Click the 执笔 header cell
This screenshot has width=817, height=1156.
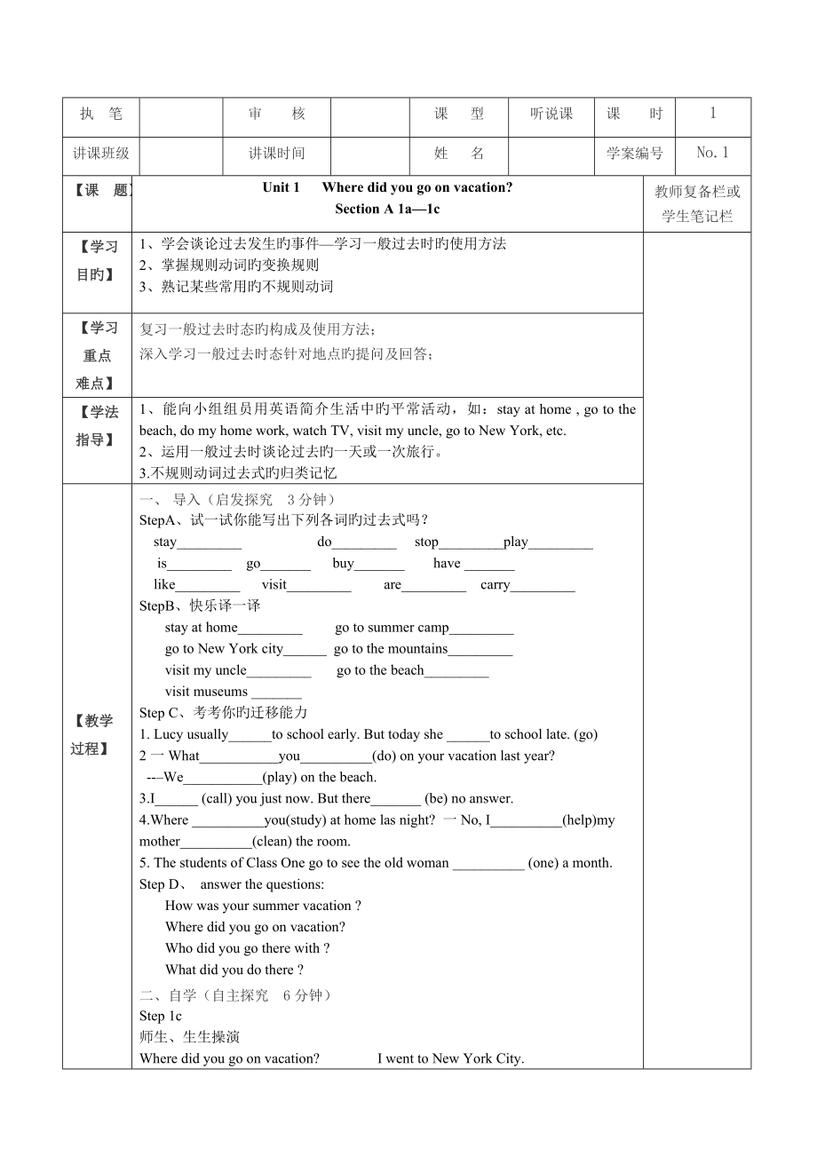[x=100, y=114]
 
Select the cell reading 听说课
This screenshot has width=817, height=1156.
[x=551, y=114]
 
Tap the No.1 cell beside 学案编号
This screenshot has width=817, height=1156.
[x=712, y=153]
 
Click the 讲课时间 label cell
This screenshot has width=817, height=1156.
[x=276, y=153]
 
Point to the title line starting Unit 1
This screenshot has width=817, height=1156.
[x=387, y=187]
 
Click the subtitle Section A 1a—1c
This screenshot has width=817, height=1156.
[x=387, y=210]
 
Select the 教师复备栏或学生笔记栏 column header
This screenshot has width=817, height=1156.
[x=697, y=203]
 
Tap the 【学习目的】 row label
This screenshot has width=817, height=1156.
[x=97, y=261]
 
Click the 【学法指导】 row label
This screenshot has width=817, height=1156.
[x=97, y=425]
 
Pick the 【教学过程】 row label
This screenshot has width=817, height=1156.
[x=97, y=734]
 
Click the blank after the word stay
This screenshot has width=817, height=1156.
[x=209, y=543]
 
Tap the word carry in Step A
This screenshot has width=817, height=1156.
[x=495, y=585]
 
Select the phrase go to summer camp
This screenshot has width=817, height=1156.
[x=392, y=628]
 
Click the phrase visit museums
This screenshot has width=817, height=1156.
[x=206, y=692]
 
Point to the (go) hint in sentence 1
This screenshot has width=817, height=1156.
[x=586, y=734]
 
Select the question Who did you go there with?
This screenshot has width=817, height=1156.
[x=248, y=948]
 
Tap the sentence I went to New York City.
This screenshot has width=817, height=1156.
[x=451, y=1058]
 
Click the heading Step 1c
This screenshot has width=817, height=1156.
[x=161, y=1016]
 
